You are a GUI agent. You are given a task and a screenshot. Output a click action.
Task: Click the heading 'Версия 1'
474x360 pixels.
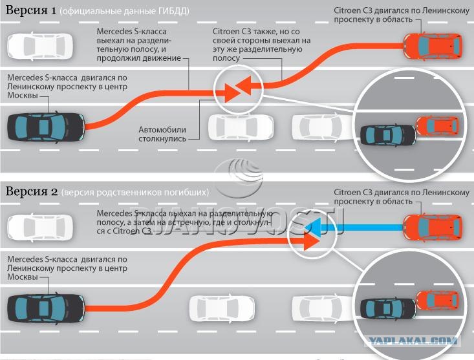click(31, 10)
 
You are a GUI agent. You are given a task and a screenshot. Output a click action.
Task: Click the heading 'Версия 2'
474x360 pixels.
click(32, 191)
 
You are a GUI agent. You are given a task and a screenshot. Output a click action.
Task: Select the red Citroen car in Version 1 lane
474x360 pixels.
click(433, 46)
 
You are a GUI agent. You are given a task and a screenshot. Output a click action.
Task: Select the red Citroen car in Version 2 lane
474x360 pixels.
click(433, 228)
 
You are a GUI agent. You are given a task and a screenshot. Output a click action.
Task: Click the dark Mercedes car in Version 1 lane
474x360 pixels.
click(46, 127)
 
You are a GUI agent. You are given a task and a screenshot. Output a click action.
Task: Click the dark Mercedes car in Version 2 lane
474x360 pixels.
click(46, 308)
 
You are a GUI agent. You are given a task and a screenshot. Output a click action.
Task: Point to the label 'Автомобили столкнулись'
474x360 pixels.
click(162, 134)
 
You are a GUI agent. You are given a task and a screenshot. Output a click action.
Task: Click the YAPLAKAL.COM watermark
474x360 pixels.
click(413, 341)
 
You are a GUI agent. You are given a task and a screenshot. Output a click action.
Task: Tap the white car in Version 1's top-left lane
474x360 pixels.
click(40, 46)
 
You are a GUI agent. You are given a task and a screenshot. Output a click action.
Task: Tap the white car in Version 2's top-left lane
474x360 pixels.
click(40, 228)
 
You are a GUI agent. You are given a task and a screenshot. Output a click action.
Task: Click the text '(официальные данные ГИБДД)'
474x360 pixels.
click(124, 11)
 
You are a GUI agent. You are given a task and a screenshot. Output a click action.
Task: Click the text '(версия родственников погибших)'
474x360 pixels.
click(135, 193)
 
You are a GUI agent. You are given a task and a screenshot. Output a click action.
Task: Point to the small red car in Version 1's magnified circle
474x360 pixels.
click(438, 125)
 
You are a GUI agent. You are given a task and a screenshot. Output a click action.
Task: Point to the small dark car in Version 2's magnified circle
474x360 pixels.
click(388, 308)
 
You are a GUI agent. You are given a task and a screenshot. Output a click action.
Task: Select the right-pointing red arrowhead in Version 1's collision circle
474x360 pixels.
click(232, 92)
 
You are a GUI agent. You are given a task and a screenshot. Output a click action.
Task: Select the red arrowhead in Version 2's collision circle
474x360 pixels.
click(311, 241)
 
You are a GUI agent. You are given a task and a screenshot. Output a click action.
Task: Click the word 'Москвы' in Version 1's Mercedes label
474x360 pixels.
click(23, 96)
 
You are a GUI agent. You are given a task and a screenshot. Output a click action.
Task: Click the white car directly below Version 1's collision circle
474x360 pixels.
click(241, 127)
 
